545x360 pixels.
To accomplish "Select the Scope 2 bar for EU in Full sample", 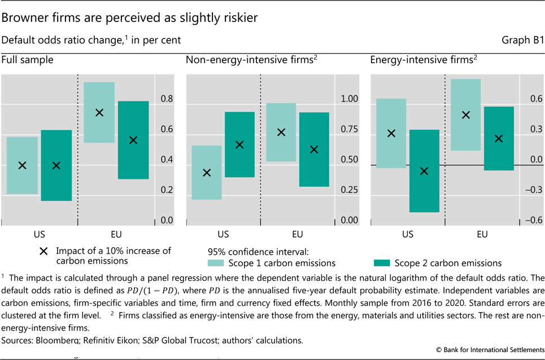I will point(133,140).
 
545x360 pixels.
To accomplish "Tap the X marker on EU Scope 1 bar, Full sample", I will point(99,112).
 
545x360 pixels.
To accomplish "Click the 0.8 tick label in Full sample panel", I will point(167,99).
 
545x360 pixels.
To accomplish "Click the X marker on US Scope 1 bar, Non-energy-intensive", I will point(207,172).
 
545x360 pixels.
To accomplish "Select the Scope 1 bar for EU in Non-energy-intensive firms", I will point(281,132).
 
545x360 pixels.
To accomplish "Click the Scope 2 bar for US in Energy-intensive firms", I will point(424,171).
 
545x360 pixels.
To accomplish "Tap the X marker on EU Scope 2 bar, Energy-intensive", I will point(499,138).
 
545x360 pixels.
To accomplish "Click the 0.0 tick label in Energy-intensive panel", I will point(534,160).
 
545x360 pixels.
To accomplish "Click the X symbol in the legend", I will point(43,251).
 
